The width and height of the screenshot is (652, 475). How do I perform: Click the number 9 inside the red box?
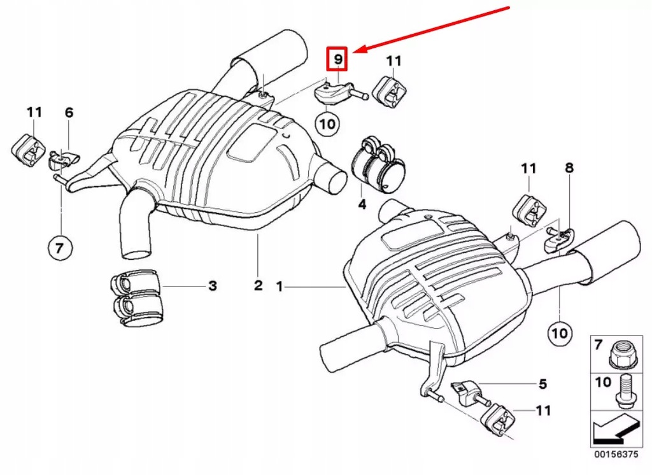coord(337,60)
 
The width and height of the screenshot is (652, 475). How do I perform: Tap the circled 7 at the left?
coord(59,248)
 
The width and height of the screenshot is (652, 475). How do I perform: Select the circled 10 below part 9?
coord(327,123)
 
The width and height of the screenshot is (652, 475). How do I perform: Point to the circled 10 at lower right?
coord(559,332)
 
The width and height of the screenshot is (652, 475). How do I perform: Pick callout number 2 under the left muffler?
coord(258,286)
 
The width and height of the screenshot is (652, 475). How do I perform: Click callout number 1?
coord(279,287)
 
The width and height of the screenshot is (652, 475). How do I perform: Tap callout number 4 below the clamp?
coord(362,204)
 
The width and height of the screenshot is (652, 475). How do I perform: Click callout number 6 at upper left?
coord(69,113)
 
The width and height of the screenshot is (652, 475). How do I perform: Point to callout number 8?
coord(569,168)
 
